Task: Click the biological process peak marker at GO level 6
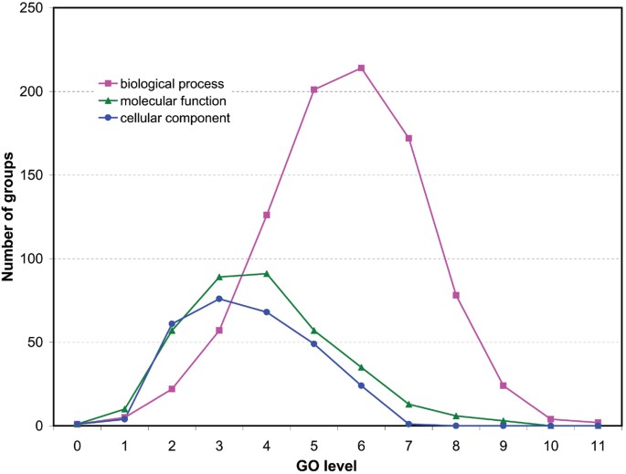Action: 362,68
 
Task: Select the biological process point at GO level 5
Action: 313,90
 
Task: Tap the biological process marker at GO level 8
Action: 456,295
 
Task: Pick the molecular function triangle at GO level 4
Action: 266,273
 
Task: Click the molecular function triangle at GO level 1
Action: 124,409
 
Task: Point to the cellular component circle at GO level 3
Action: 219,299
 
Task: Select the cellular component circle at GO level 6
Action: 361,385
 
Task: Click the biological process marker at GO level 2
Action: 172,389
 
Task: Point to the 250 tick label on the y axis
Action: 33,8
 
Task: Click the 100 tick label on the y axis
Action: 33,258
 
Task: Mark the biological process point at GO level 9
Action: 503,385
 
